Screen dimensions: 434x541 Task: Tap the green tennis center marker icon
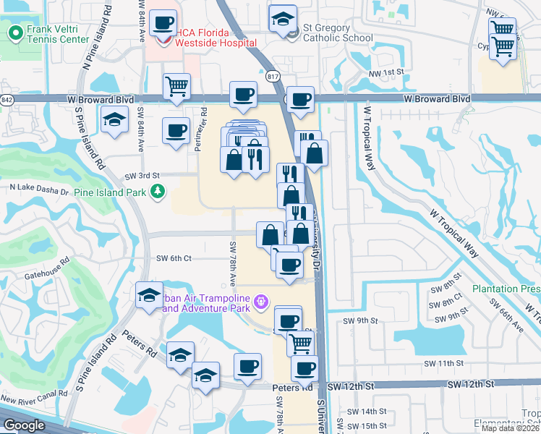pyautogui.click(x=14, y=33)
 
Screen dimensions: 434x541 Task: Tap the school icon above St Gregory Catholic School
pyautogui.click(x=282, y=20)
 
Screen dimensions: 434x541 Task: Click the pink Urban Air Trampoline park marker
pyautogui.click(x=260, y=300)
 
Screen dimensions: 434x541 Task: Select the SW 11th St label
pyautogui.click(x=443, y=362)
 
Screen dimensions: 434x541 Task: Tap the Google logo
pyautogui.click(x=24, y=425)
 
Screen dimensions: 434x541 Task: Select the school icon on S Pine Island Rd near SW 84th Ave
pyautogui.click(x=114, y=120)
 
